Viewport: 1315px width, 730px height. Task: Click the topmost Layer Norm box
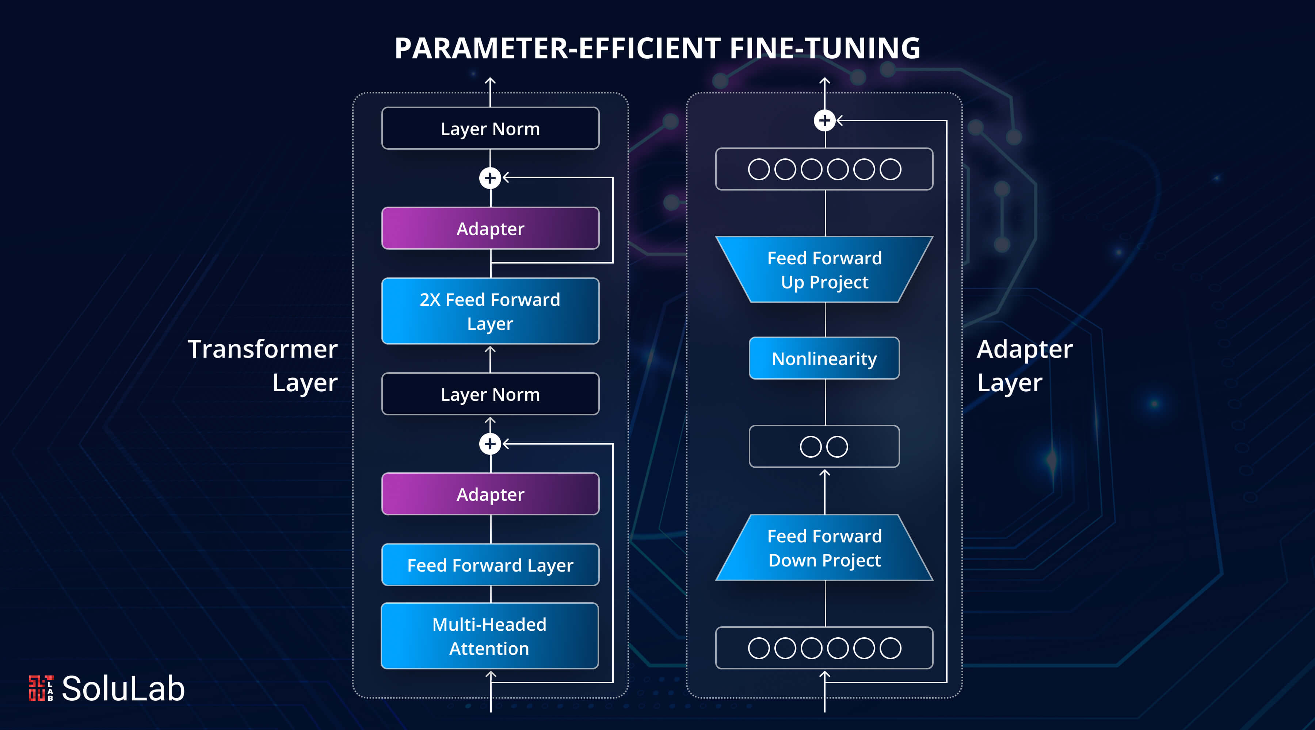(490, 128)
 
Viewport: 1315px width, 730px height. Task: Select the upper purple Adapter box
(490, 228)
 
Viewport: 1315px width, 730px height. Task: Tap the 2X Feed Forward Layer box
(490, 311)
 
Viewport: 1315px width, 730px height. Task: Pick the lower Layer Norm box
(490, 394)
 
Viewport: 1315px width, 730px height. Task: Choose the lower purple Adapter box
(490, 494)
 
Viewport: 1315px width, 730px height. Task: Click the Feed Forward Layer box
(490, 565)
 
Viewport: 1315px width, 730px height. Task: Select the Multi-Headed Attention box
(489, 635)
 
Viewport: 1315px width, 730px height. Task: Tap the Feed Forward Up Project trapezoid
(824, 269)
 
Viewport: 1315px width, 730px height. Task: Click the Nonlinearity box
(824, 358)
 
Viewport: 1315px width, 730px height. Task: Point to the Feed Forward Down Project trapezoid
(824, 547)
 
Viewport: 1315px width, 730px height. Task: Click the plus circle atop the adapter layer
(824, 120)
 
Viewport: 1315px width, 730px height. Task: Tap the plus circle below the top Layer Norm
(490, 177)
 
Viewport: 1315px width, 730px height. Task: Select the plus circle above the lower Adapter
(490, 443)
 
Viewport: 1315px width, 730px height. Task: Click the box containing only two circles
(824, 446)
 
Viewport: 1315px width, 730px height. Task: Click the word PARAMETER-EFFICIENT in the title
(557, 49)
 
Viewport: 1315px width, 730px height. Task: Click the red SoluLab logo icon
(41, 688)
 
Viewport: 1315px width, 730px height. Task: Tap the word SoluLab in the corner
(123, 688)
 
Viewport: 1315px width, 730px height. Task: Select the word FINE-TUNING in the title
(825, 49)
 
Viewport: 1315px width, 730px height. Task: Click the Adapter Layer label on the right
(1025, 366)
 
